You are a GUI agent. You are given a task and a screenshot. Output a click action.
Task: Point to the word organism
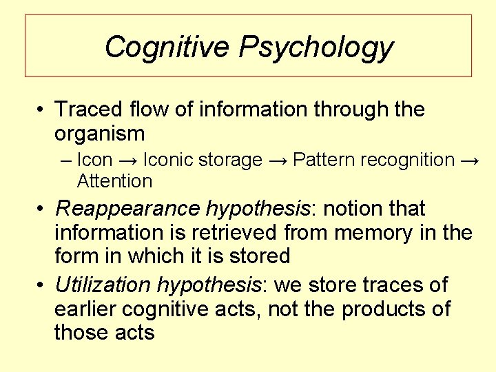99,134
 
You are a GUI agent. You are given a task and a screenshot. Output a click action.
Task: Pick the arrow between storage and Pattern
278,160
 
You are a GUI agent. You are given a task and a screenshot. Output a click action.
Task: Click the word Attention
114,181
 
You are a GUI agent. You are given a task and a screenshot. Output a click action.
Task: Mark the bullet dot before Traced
42,110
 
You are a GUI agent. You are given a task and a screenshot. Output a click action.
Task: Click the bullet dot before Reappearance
42,209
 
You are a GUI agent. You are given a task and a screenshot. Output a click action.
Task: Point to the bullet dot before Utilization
42,285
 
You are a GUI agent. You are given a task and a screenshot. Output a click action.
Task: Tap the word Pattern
322,160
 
